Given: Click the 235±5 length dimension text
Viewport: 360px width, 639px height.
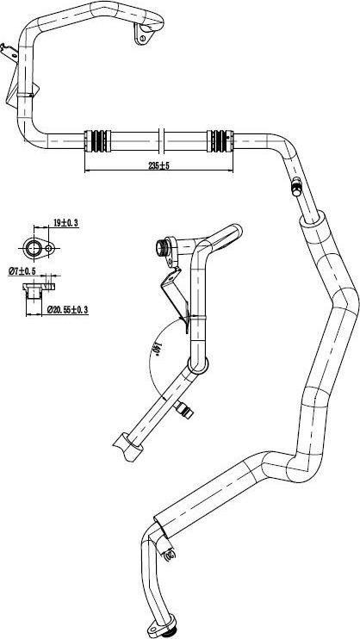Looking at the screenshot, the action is point(158,165).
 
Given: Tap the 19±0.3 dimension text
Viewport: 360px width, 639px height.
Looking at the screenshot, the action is point(65,222).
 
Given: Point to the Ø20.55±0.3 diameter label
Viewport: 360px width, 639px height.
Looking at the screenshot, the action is point(68,310).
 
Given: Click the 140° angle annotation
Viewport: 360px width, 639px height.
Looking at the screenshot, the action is point(155,350).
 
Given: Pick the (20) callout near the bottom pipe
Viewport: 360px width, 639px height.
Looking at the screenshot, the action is point(170,554).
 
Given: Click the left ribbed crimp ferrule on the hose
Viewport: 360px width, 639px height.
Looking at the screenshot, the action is point(97,140).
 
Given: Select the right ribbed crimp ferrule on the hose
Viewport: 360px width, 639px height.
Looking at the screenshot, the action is point(220,140).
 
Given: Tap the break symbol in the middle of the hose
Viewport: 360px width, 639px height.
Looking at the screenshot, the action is point(161,140).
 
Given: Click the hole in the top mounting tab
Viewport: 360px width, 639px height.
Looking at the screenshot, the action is point(142,38).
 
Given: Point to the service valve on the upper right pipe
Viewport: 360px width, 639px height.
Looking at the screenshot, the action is point(296,186).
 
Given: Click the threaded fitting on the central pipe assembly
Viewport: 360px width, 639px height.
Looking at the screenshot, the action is point(162,247).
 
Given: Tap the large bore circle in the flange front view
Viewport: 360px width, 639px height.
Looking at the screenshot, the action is point(33,248).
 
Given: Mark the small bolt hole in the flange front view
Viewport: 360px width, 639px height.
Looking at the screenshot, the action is point(49,248).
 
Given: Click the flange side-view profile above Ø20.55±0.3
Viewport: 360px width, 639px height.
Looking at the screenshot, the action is point(38,291).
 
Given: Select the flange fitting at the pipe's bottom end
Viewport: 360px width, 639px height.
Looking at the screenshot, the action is point(162,629).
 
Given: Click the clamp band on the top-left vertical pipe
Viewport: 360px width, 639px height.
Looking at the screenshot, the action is point(25,96).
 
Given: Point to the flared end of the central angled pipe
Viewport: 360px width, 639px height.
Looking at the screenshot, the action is point(127,447).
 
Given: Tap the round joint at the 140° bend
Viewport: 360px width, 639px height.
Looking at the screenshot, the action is point(198,364).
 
